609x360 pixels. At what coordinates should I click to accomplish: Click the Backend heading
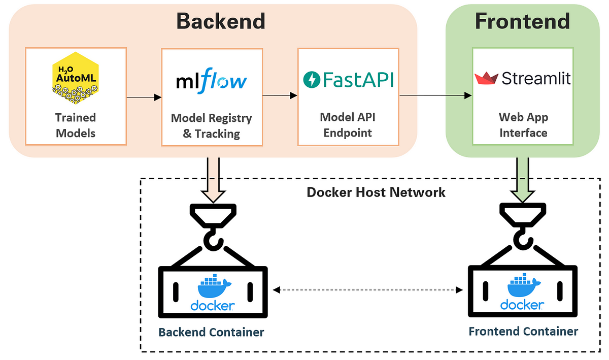(x=220, y=21)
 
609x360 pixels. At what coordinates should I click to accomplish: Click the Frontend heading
(x=522, y=21)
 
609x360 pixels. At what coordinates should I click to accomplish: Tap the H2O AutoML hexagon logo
(x=75, y=78)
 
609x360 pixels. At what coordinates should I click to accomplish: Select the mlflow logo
(x=212, y=81)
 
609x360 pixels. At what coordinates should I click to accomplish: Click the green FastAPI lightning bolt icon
(x=312, y=79)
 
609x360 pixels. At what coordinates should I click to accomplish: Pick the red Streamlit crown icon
(x=486, y=78)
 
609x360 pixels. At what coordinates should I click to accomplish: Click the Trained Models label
(x=76, y=125)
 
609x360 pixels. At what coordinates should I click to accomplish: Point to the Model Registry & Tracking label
(x=212, y=126)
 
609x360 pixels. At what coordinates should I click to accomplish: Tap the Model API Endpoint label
(x=348, y=125)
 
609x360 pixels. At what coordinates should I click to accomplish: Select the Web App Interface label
(x=523, y=125)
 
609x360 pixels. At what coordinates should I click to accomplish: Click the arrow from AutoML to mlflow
(x=144, y=97)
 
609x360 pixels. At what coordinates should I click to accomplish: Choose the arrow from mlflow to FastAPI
(x=280, y=95)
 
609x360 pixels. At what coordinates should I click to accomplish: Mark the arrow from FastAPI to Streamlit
(x=435, y=95)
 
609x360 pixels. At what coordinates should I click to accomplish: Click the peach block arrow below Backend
(x=213, y=180)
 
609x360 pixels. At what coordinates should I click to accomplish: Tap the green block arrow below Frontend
(x=522, y=180)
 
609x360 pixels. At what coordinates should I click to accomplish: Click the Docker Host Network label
(x=376, y=192)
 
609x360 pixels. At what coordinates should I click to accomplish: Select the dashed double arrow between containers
(x=368, y=290)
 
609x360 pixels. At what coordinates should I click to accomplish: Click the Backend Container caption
(x=211, y=332)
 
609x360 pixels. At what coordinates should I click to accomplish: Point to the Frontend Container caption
(x=523, y=332)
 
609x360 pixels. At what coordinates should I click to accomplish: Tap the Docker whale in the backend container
(x=214, y=286)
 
